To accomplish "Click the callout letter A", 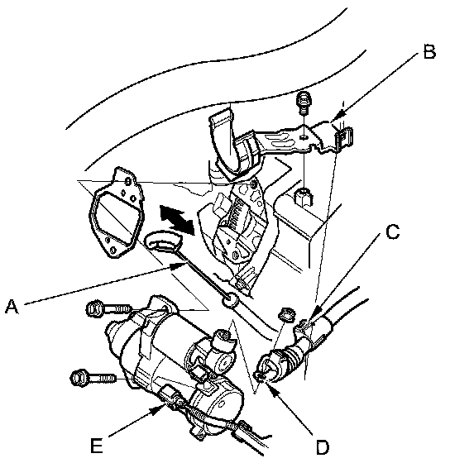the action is pos(12,307).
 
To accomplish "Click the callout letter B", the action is pos(429,51).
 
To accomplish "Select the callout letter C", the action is pos(393,231).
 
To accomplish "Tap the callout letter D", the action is pos(322,447).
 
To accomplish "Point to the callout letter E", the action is pos(96,446).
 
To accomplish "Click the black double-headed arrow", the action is pos(177,220).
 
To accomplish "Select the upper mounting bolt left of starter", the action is pos(108,309).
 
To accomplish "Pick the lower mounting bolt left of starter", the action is pos(93,378).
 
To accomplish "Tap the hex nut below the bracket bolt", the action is pos(304,198).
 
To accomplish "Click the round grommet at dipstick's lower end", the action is pos(230,301).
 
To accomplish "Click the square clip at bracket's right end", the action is pos(344,136).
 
